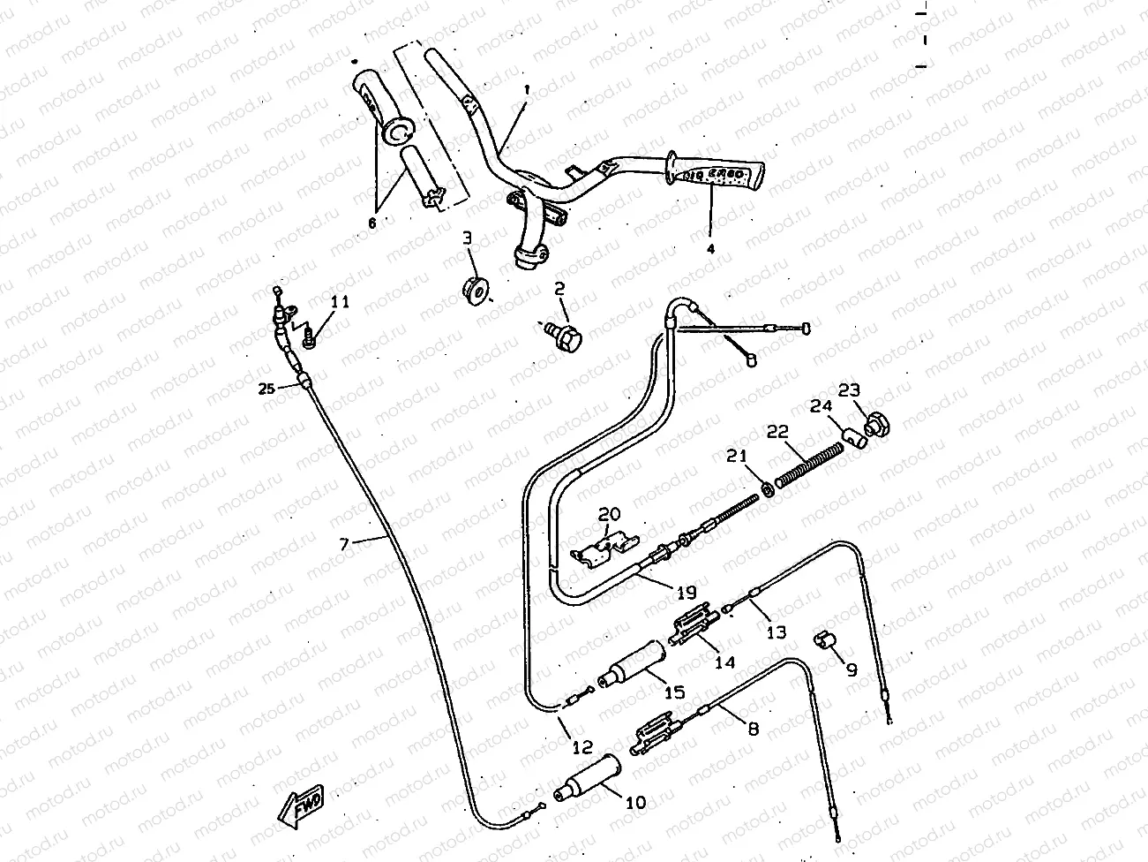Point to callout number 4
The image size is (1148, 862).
(710, 248)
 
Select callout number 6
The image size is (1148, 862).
(371, 223)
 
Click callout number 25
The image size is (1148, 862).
(265, 388)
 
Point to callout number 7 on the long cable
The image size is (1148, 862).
(347, 545)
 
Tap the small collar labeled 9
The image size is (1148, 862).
(824, 639)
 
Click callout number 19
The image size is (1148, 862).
(687, 592)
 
